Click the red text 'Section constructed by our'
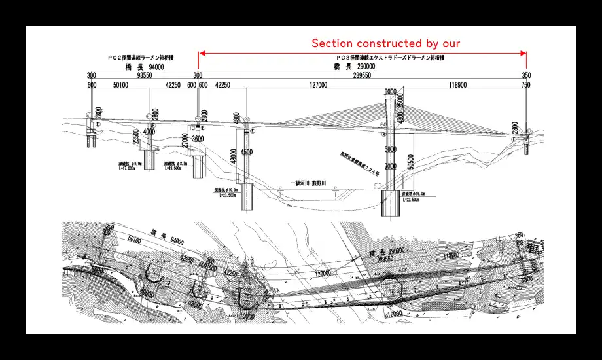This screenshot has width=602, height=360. tap(385, 43)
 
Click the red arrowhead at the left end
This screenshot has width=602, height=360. tap(202, 53)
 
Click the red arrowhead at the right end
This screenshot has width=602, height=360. tap(523, 53)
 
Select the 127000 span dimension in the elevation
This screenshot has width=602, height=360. tap(318, 84)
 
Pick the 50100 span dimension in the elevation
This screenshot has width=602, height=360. tap(120, 84)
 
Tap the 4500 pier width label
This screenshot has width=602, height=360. tap(247, 153)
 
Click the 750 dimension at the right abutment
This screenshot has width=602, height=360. tap(526, 84)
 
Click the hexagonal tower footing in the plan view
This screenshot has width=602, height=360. tap(393, 287)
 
